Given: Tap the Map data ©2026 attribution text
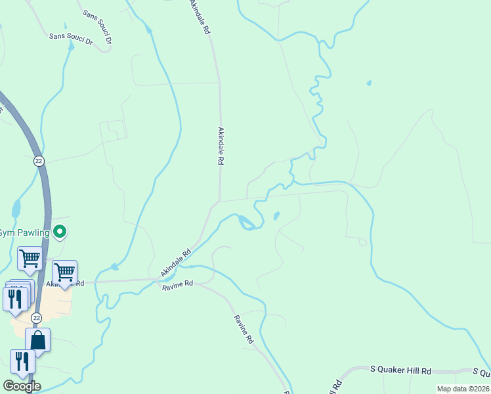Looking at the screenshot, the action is coord(463,389).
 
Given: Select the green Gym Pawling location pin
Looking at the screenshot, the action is coord(60,231).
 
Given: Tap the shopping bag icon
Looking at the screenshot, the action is coord(37,341).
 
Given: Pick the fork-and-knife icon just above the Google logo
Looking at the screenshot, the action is coord(22,362).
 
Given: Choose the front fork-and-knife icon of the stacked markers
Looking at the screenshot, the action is coord(15,299).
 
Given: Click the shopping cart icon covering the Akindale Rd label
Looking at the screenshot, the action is coord(64,272).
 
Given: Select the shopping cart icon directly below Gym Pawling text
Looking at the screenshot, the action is coord(30,259).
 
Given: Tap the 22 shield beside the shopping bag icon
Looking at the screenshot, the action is coord(37,318).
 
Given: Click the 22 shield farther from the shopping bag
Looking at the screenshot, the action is coord(39,160).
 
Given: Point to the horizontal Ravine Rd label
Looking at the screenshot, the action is coord(179,284).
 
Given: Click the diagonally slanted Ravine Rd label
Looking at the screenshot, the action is coord(244,330).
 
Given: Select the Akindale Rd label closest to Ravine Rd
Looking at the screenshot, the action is coord(175,263).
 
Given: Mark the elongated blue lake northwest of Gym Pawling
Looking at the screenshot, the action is coord(16,209).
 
